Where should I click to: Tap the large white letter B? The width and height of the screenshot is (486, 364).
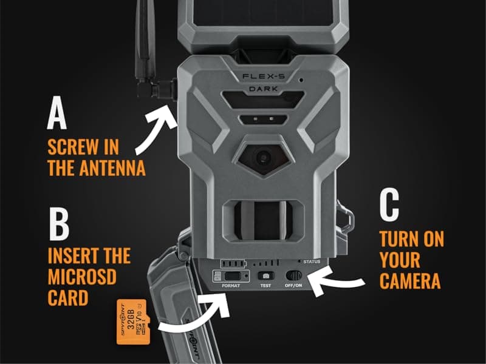click(58, 225)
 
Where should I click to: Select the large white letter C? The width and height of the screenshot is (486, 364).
click(390, 207)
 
